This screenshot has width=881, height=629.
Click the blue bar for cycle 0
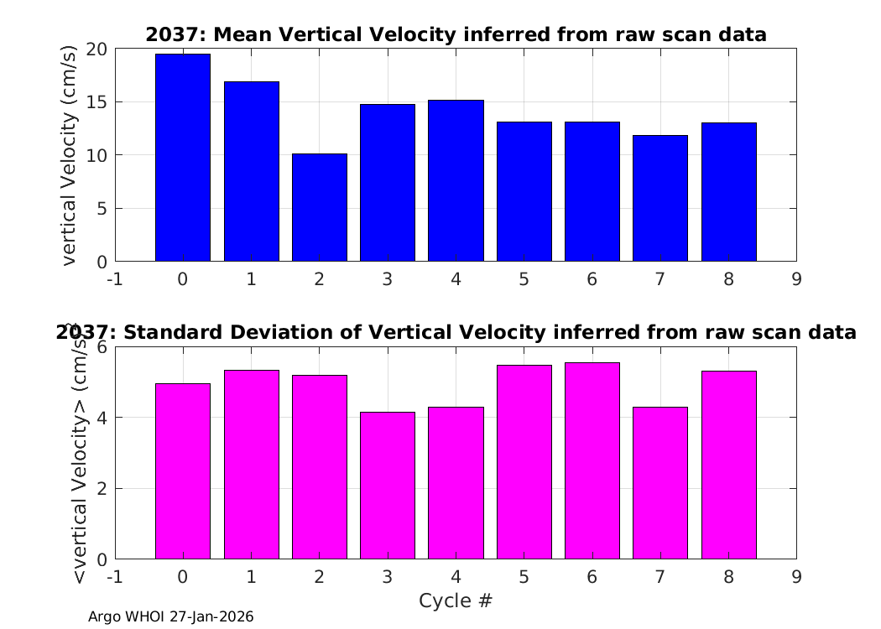click(x=183, y=158)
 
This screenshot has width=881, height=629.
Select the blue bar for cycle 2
click(x=319, y=207)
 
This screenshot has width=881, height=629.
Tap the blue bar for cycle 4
click(x=456, y=181)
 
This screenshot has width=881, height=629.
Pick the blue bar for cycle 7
click(x=660, y=198)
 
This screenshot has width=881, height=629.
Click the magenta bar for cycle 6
click(x=592, y=461)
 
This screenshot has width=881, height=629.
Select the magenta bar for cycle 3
click(x=388, y=486)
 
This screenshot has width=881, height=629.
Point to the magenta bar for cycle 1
click(x=251, y=465)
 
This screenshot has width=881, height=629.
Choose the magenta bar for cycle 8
click(x=729, y=465)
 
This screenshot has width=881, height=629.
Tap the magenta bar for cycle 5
click(x=524, y=462)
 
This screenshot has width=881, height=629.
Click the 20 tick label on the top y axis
click(x=96, y=49)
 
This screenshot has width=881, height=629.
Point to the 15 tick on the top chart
click(x=96, y=102)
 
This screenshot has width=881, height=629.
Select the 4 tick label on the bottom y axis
click(x=102, y=418)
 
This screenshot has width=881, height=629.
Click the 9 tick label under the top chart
click(x=797, y=279)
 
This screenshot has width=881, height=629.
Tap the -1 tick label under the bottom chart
click(x=115, y=577)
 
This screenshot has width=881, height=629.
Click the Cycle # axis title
click(x=456, y=600)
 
